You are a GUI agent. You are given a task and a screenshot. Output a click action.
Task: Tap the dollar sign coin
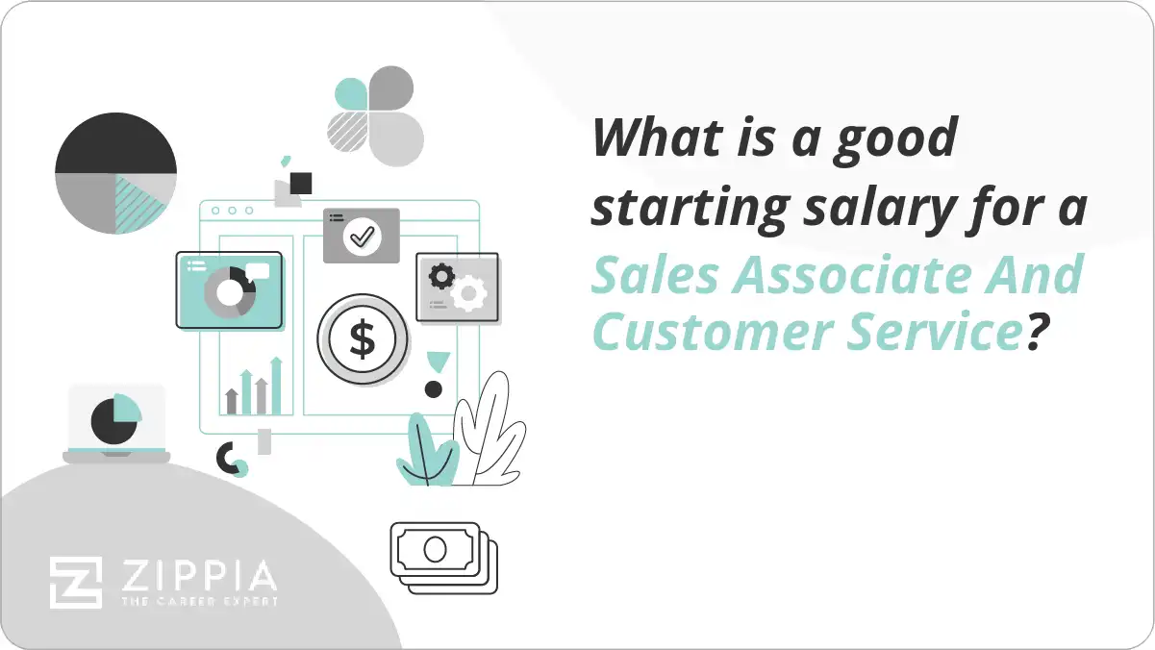point(363,338)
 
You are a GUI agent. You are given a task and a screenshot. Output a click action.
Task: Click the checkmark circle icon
point(361,236)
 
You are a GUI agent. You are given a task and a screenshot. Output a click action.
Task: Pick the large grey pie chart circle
point(115,174)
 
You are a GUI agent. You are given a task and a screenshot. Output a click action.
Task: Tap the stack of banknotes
point(442,557)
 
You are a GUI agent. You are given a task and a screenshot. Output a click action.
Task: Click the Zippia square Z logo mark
point(76,583)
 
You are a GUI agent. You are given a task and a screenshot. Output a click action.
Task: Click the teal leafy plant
point(427,452)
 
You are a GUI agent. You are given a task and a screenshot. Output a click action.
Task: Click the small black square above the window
point(301,183)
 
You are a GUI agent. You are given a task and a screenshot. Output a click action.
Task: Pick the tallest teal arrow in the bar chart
point(276,385)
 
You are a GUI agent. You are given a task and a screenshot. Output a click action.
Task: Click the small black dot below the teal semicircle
point(434,389)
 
